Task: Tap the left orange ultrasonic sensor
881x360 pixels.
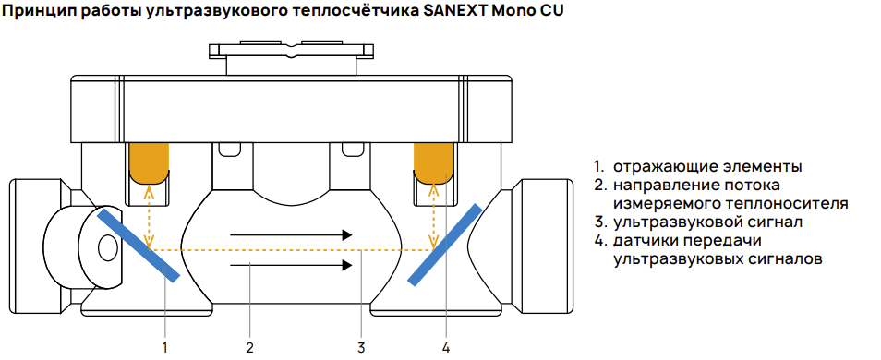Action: click(x=149, y=162)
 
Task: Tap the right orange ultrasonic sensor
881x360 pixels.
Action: click(x=431, y=162)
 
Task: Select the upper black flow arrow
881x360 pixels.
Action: click(x=291, y=235)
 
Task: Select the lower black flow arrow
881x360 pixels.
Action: click(x=291, y=266)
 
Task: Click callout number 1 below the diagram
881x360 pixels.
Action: click(x=165, y=348)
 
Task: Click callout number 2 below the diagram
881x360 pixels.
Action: click(x=249, y=348)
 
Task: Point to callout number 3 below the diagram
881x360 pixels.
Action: click(x=361, y=348)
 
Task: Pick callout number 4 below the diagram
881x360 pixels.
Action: click(x=446, y=348)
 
